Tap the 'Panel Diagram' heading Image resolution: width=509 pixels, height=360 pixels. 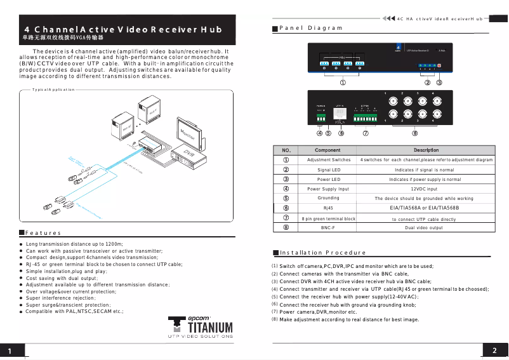click(310, 28)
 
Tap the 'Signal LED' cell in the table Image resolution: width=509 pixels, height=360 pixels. click(328, 170)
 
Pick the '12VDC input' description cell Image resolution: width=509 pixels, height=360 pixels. click(423, 189)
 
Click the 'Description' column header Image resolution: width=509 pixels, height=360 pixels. click(426, 150)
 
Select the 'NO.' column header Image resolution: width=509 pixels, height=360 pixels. click(286, 150)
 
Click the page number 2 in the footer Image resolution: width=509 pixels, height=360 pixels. click(494, 351)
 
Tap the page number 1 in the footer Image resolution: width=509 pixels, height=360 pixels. click(11, 352)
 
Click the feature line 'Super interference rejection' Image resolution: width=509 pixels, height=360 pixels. click(60, 298)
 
